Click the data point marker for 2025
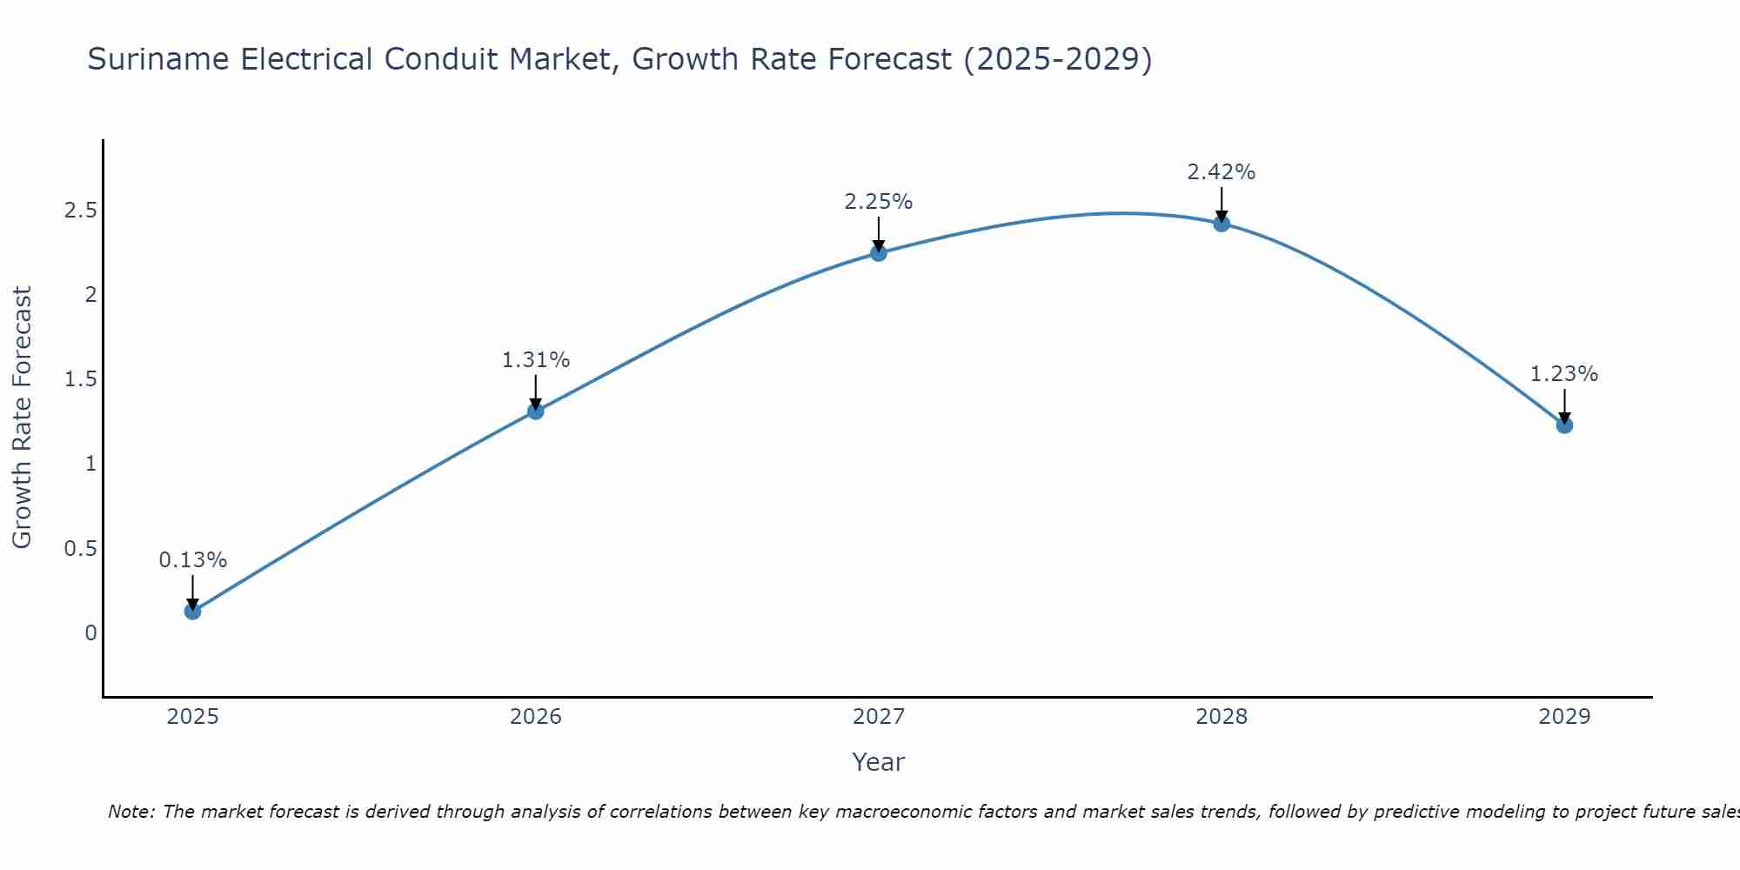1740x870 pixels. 193,611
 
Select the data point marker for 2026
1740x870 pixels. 536,411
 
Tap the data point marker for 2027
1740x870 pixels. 879,253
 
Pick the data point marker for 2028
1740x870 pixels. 1221,224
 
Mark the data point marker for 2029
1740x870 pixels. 1564,425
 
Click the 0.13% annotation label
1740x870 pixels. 193,560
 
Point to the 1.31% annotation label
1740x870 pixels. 536,360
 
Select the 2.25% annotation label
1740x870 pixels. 879,202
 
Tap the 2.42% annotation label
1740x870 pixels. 1221,172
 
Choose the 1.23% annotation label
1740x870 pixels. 1564,374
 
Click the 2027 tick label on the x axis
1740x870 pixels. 879,717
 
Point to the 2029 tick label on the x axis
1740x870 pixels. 1564,717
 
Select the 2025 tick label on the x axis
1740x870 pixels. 193,717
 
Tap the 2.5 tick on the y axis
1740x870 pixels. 80,211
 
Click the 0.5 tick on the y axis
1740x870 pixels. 80,548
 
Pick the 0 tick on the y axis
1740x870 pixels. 90,632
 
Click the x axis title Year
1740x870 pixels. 879,762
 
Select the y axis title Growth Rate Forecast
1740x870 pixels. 22,418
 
